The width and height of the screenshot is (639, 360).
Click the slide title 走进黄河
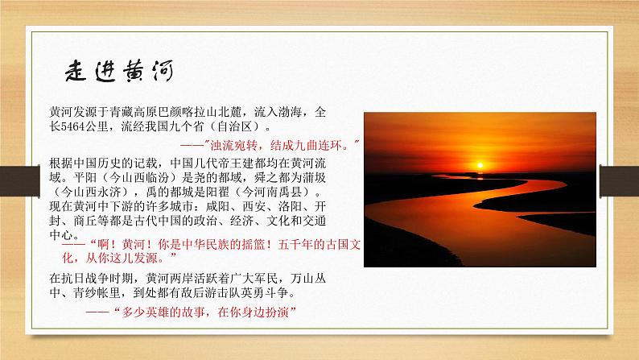[x=123, y=71]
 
